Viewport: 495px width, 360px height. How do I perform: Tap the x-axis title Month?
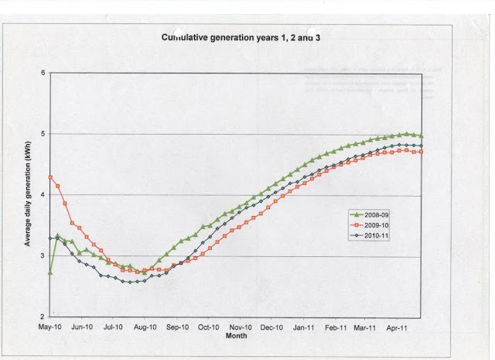[235, 336]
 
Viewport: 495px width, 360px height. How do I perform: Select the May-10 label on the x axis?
[50, 327]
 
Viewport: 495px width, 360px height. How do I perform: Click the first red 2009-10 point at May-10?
[50, 177]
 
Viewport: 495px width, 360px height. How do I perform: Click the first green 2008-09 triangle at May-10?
[50, 273]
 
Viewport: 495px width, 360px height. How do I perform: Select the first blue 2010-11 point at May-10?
[50, 238]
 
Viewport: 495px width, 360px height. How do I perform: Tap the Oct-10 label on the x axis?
[210, 327]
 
